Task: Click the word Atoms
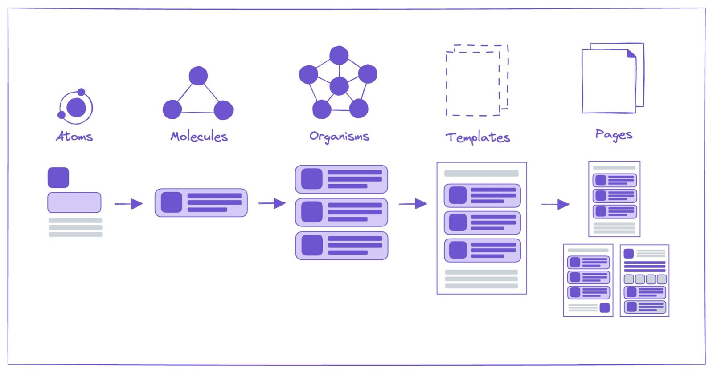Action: [74, 136]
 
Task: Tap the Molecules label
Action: [199, 136]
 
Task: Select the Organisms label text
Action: [339, 137]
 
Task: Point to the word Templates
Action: [478, 137]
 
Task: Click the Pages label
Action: [614, 134]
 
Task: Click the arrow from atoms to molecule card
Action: [128, 204]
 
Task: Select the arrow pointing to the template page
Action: [413, 204]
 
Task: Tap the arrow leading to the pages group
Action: [555, 204]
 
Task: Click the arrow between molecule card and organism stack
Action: [272, 203]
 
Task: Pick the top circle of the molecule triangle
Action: [198, 76]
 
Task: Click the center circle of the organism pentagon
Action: [339, 86]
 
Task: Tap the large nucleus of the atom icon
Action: [76, 108]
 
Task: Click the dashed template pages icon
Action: [477, 81]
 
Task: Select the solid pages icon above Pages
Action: [612, 78]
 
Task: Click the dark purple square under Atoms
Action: [58, 178]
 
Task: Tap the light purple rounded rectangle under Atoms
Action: [74, 202]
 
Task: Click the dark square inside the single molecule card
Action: [172, 202]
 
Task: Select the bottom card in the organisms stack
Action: [341, 246]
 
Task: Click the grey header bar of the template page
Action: [481, 173]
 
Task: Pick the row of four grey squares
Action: [645, 279]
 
